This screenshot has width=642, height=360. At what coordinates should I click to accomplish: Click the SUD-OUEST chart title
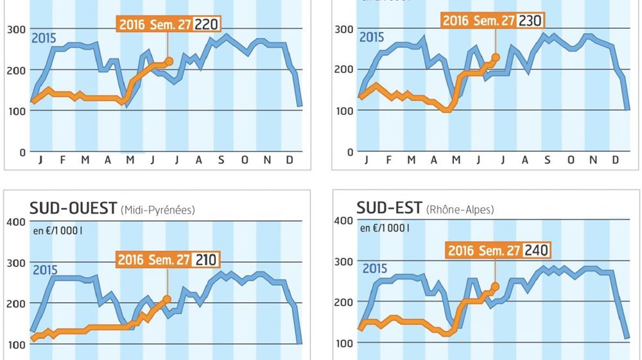click(73, 209)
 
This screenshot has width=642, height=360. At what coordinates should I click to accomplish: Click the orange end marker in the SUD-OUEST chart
click(167, 299)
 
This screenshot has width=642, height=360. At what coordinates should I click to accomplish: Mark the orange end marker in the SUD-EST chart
click(495, 287)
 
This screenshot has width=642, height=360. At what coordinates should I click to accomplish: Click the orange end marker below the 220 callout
click(169, 61)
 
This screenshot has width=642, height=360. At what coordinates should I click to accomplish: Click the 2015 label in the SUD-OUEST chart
click(45, 271)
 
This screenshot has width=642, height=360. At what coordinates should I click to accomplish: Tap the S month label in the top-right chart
click(548, 160)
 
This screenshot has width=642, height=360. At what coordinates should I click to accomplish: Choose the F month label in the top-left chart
click(62, 160)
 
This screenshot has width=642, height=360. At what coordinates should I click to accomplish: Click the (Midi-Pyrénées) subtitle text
click(157, 210)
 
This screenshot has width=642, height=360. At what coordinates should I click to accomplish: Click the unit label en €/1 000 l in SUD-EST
click(383, 228)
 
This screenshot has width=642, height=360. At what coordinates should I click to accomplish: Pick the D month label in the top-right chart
click(615, 160)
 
